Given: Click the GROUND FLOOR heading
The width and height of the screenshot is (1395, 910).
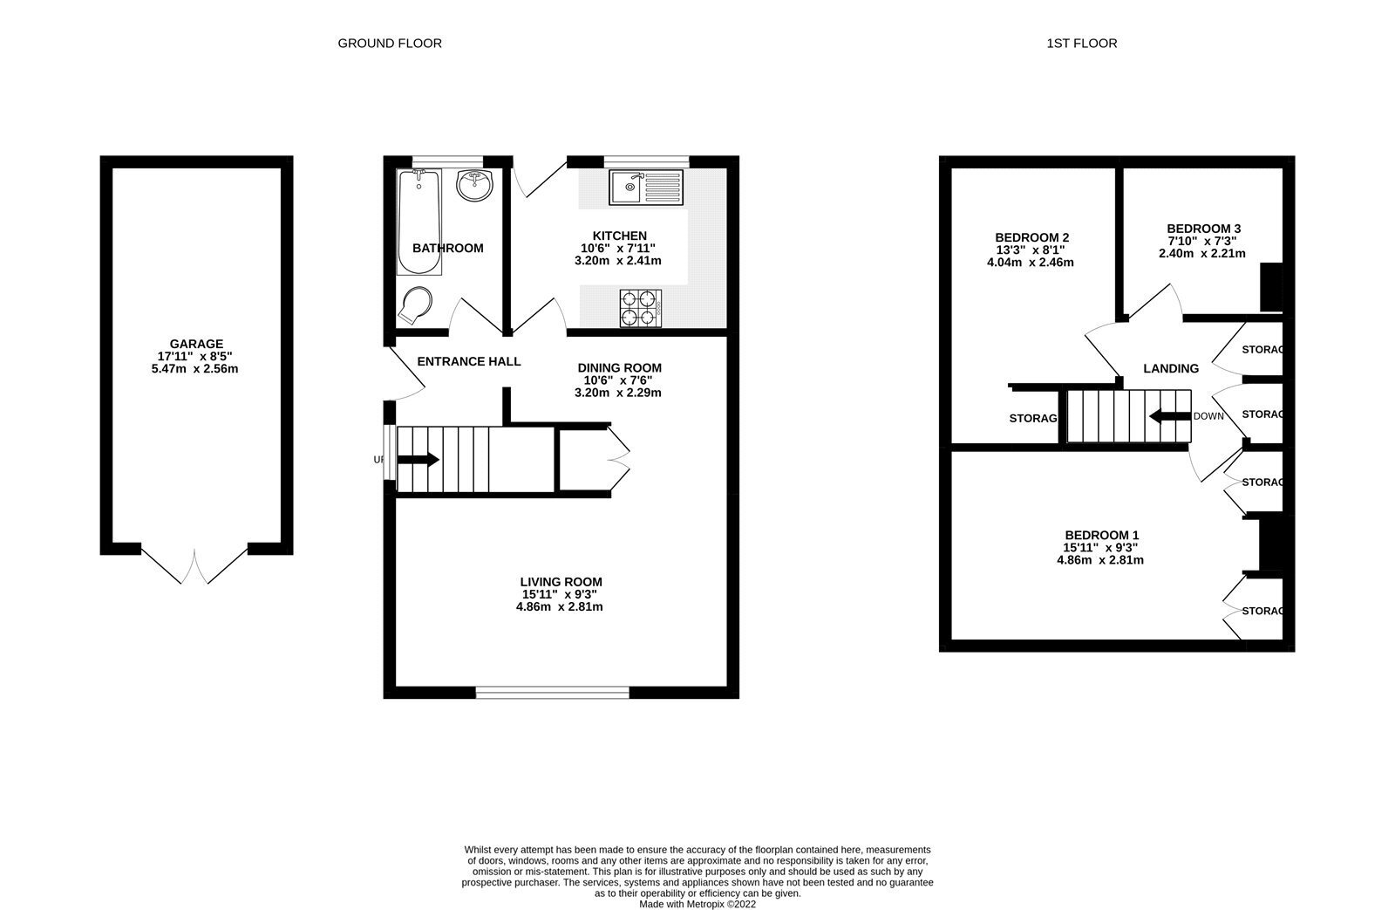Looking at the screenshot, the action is (390, 44).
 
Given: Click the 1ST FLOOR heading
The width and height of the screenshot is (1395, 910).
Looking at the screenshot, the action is (1082, 44).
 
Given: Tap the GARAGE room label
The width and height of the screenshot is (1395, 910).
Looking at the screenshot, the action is (196, 344).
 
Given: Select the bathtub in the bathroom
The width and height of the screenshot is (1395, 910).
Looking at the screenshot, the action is (419, 222).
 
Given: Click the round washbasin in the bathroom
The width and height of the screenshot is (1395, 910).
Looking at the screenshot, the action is (474, 185).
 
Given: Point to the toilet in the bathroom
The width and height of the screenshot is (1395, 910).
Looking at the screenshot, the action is (415, 305).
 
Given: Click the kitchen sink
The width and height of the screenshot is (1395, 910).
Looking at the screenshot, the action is (646, 187).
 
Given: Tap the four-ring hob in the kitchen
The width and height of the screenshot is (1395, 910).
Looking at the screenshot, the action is (640, 308).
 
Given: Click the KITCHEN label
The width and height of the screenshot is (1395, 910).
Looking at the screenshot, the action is (620, 236).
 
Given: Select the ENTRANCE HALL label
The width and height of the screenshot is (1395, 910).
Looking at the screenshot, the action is (469, 361).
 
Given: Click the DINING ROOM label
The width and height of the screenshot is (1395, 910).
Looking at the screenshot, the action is (620, 368).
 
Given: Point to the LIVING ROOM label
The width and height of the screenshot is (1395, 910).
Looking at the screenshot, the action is (561, 582).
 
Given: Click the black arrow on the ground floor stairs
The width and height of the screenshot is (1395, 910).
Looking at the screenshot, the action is (418, 460).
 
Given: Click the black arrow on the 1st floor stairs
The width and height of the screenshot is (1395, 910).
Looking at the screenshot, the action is (1170, 415).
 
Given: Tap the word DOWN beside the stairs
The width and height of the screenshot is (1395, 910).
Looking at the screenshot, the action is (1208, 416).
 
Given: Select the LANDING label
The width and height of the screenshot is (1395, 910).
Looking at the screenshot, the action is (1171, 369).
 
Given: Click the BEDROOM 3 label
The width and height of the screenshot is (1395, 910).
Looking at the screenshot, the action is (1204, 229).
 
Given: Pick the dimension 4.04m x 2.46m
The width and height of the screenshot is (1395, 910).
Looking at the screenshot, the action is (1031, 263).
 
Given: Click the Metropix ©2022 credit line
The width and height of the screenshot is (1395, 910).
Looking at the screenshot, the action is (697, 905).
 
